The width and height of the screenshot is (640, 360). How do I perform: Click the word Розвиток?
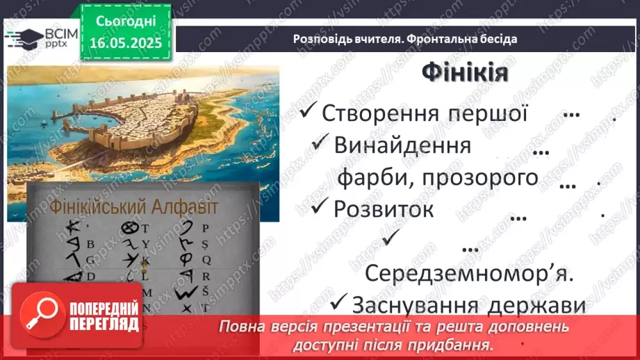(x=384, y=208)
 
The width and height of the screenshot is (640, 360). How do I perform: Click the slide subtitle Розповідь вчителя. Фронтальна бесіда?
(x=404, y=39)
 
